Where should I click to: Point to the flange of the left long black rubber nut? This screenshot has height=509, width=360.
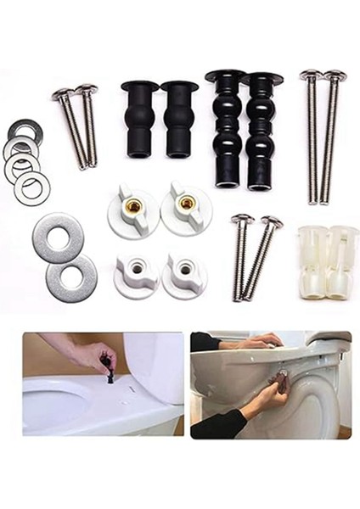click(225, 76)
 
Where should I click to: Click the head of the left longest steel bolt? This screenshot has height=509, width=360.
click(310, 75)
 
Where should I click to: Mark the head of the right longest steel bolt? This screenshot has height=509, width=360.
click(335, 76)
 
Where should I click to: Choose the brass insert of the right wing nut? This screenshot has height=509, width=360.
click(186, 203)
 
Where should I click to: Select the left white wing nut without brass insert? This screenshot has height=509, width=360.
click(136, 271)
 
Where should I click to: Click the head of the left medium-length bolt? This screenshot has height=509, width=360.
click(242, 219)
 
